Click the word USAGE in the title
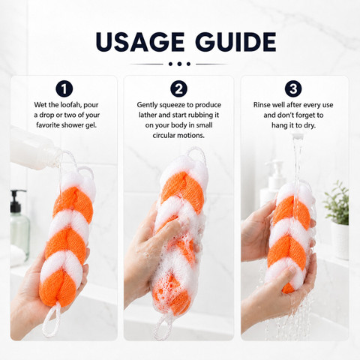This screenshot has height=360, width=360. [140, 42]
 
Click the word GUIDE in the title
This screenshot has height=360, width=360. [235, 42]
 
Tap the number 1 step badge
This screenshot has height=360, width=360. [64, 88]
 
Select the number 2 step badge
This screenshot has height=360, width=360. [178, 88]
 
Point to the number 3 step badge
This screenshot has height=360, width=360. [293, 88]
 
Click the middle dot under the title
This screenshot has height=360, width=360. [179, 64]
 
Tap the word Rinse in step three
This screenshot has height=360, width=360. [262, 105]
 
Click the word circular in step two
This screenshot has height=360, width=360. [164, 136]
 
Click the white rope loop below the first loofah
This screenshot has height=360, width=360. [51, 320]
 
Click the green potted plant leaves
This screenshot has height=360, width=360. [336, 203]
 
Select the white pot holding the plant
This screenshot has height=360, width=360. [340, 241]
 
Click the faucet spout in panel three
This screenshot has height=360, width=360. [298, 136]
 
